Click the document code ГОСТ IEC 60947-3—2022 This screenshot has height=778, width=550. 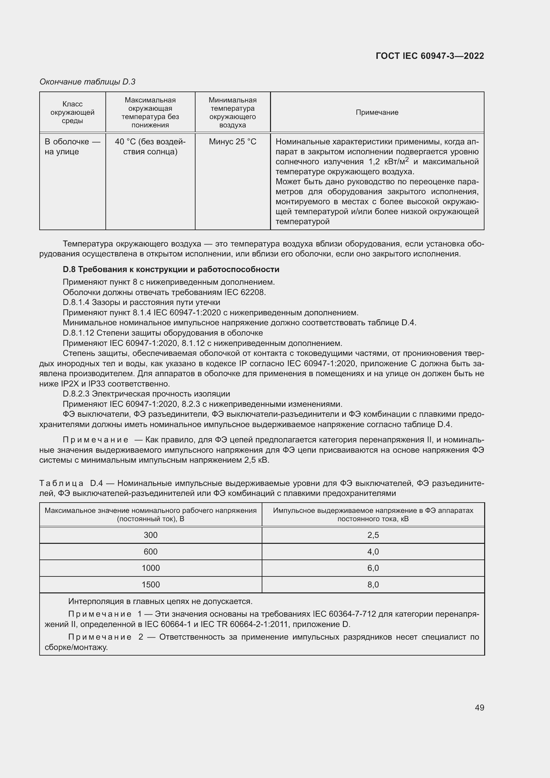click(x=429, y=56)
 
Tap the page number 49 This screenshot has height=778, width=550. click(x=479, y=707)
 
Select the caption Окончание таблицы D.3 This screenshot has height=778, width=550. click(x=87, y=82)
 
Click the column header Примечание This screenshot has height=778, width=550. click(x=377, y=112)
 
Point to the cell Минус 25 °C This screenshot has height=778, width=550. click(x=232, y=142)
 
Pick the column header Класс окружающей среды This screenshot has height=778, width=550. click(x=72, y=112)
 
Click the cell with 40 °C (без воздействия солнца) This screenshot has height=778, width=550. click(x=150, y=146)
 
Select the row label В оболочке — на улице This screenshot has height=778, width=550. click(x=72, y=146)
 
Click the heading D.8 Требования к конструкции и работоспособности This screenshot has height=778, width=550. click(x=171, y=269)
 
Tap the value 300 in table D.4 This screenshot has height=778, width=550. click(x=150, y=535)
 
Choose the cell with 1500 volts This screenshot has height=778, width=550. click(x=150, y=584)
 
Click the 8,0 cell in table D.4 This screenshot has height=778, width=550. click(x=373, y=584)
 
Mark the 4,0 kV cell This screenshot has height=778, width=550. click(x=373, y=551)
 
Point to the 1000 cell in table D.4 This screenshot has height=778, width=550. click(x=150, y=568)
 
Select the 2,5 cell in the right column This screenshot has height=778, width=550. click(x=373, y=535)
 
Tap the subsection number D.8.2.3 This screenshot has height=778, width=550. click(x=76, y=394)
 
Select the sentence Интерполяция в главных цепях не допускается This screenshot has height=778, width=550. click(x=160, y=601)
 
